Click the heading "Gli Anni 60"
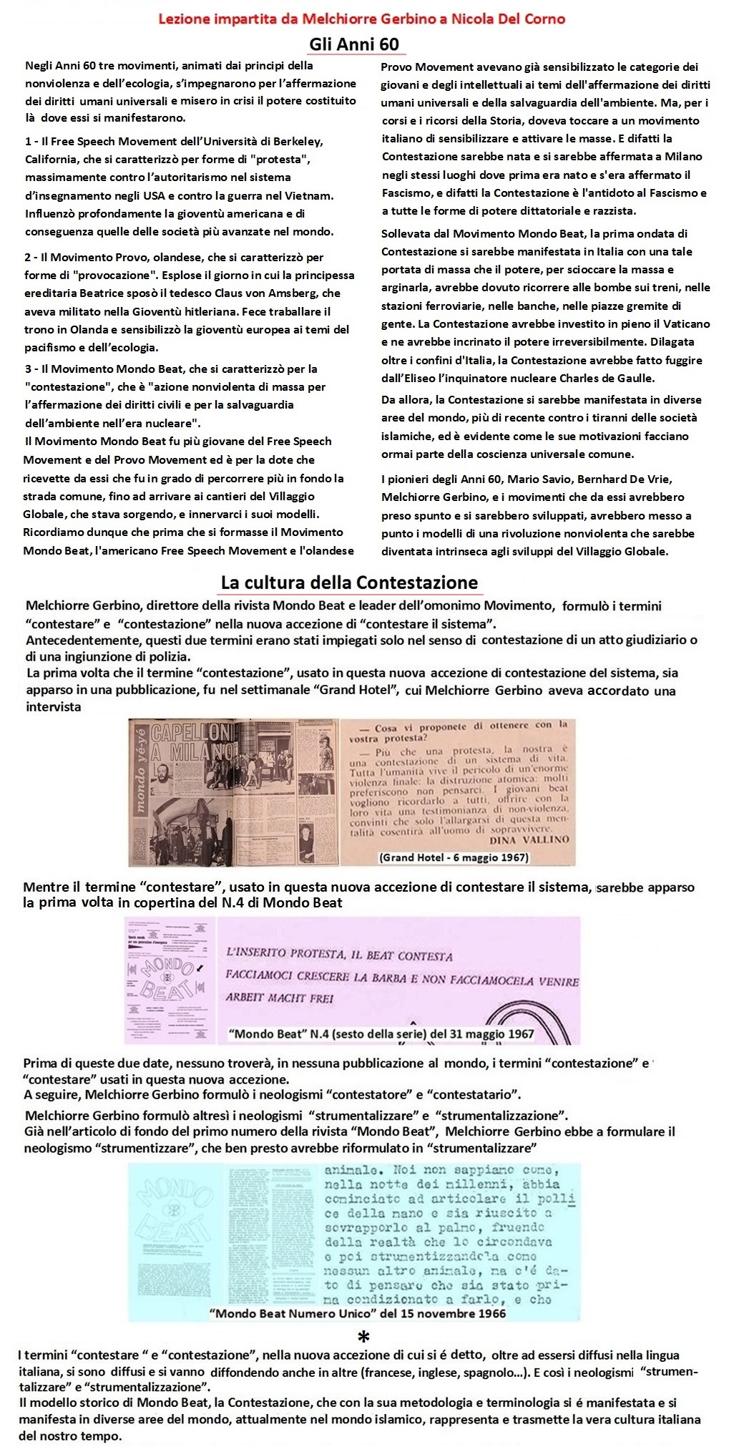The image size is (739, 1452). (354, 44)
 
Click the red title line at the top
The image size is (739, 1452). (361, 19)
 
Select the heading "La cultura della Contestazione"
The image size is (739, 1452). (349, 582)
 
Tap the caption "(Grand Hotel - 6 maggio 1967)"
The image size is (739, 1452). (454, 857)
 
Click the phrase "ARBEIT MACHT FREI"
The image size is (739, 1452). (280, 998)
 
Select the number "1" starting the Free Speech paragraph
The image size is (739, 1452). (28, 141)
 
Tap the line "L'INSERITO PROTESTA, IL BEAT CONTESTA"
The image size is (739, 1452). (338, 955)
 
